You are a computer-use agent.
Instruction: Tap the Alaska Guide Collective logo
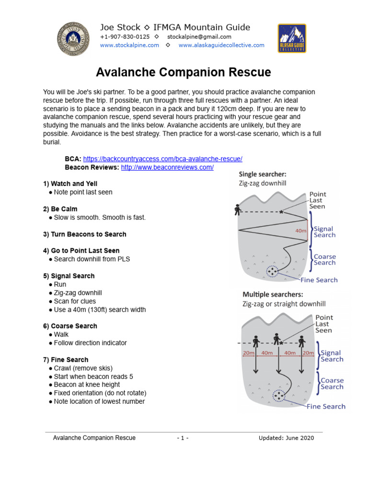[292, 38]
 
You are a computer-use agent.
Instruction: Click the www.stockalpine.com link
[129, 45]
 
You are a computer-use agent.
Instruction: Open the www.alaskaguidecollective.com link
[221, 45]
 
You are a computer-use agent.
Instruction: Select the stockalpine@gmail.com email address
[199, 37]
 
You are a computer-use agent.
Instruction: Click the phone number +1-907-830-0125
[125, 37]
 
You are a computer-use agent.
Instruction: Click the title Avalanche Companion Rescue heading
[184, 72]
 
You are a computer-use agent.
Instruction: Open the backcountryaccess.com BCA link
[163, 159]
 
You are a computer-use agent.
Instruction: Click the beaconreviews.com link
[167, 167]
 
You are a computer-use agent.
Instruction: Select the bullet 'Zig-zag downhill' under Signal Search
[78, 292]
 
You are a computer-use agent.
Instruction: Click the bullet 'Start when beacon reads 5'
[93, 376]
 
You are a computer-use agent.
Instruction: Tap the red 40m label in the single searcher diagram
[300, 231]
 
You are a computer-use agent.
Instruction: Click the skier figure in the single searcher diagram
[237, 210]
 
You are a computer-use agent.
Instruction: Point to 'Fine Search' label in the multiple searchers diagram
[326, 407]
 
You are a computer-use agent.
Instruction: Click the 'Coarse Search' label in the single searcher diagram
[325, 259]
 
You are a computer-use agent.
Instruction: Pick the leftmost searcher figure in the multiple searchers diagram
[255, 341]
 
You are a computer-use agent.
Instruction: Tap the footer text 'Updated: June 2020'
[287, 438]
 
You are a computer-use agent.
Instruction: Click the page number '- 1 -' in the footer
[183, 438]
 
